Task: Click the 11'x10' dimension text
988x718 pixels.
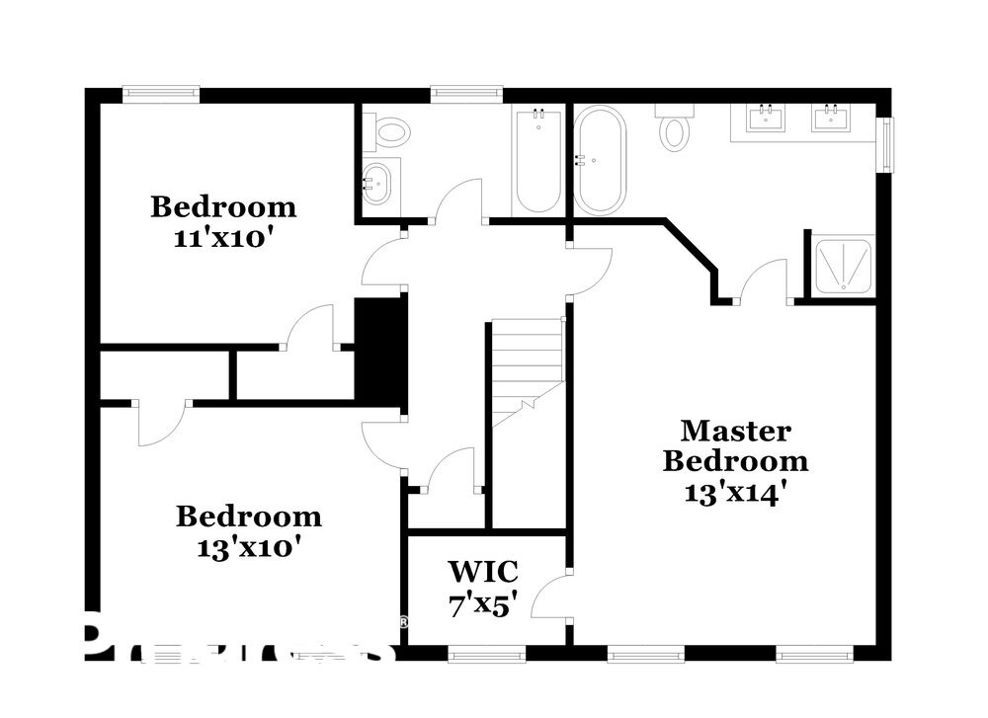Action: tap(222, 239)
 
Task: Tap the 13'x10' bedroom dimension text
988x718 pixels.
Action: tap(248, 547)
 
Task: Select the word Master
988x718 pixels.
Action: tap(735, 431)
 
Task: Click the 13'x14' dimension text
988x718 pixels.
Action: tap(735, 492)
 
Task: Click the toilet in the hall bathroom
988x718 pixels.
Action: tap(387, 132)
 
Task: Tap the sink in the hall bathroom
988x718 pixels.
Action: tap(378, 182)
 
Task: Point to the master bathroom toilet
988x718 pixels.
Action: tap(676, 129)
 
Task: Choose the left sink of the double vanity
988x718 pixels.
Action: tap(765, 119)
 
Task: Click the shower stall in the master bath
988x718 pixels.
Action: tap(842, 264)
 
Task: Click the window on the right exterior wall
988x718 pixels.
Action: tap(886, 146)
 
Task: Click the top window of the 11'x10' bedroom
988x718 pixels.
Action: tap(161, 95)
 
